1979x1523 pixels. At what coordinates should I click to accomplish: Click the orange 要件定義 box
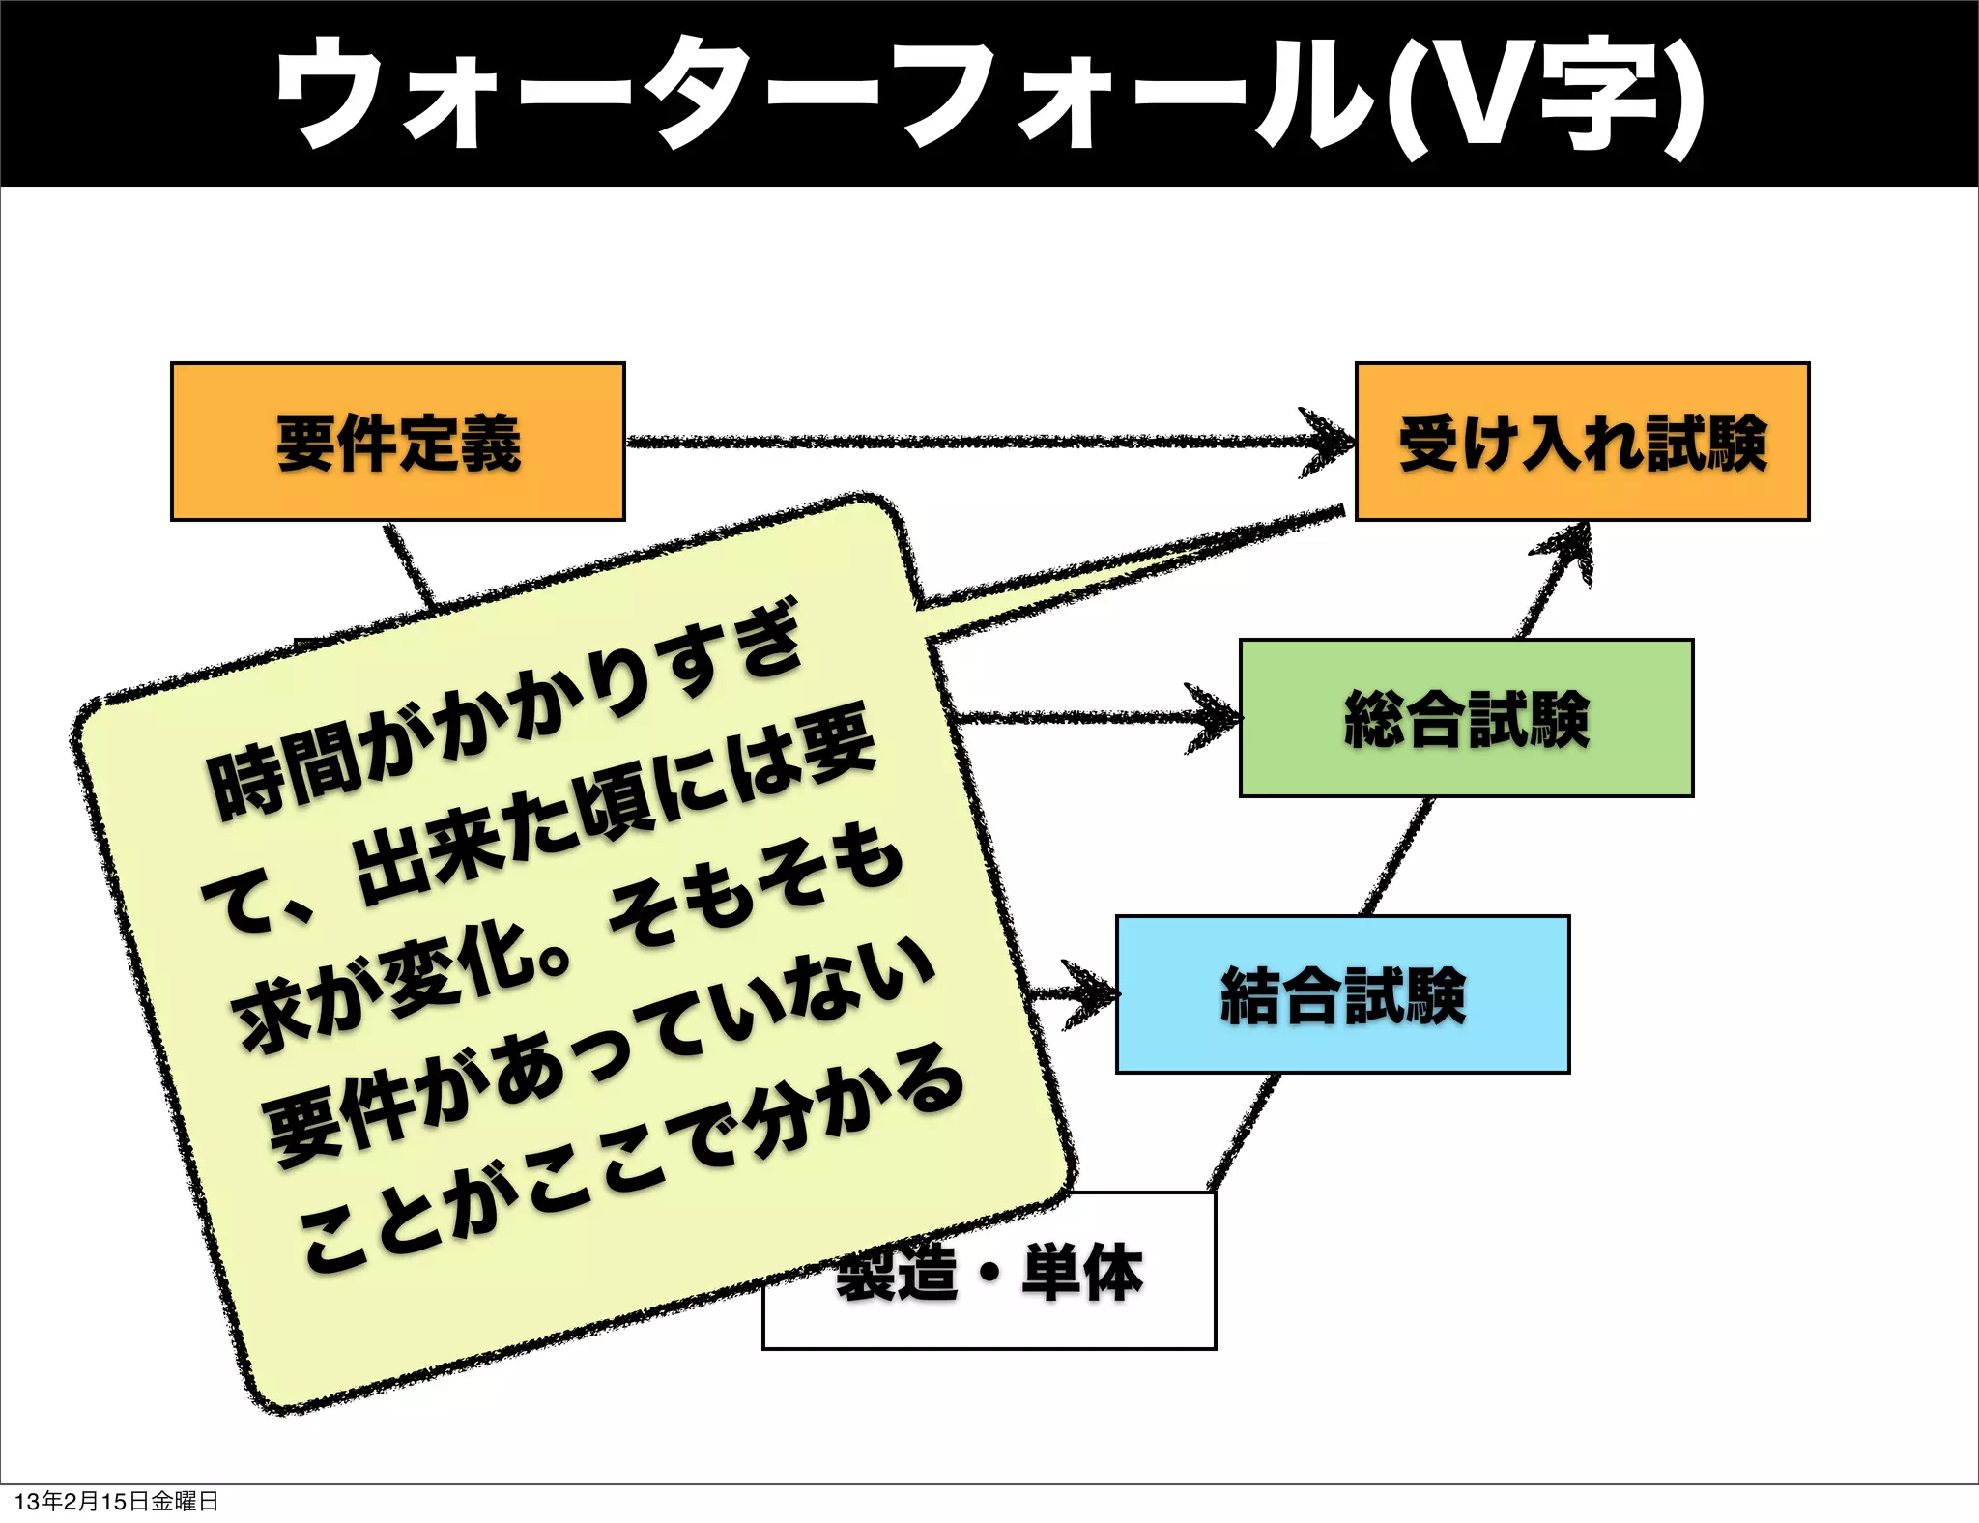point(397,442)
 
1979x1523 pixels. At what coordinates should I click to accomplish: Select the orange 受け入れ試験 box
point(1582,442)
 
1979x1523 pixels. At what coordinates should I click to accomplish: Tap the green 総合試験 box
point(1466,718)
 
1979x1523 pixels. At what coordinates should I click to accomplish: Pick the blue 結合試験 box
point(1342,994)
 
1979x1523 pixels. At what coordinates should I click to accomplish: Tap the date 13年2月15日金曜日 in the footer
point(116,1501)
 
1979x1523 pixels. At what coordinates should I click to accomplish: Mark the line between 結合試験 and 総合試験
point(1396,856)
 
